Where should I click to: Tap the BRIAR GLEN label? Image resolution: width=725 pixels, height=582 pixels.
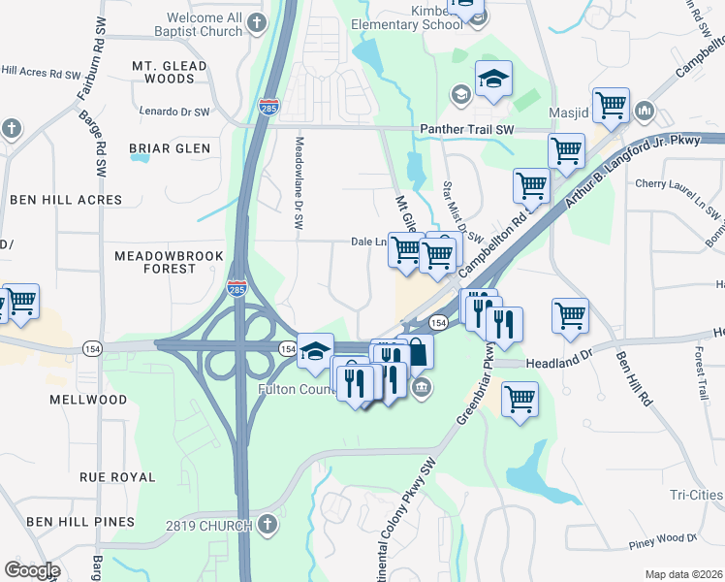169,148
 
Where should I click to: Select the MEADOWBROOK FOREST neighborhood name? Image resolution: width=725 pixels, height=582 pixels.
155,262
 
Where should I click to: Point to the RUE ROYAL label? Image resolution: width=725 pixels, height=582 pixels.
116,477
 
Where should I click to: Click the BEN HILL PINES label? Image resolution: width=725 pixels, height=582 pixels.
79,522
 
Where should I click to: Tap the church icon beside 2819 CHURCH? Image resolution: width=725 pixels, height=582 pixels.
267,525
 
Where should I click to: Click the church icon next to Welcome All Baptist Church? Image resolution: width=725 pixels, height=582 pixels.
256,23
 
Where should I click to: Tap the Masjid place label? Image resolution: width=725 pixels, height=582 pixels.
570,113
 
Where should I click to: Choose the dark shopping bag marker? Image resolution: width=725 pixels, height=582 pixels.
417,351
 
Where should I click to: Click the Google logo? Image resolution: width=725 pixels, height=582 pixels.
32,570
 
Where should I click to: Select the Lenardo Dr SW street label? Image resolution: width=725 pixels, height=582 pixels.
174,112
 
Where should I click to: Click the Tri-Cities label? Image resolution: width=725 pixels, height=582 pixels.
695,495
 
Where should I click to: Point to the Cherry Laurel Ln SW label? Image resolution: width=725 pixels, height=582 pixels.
678,184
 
